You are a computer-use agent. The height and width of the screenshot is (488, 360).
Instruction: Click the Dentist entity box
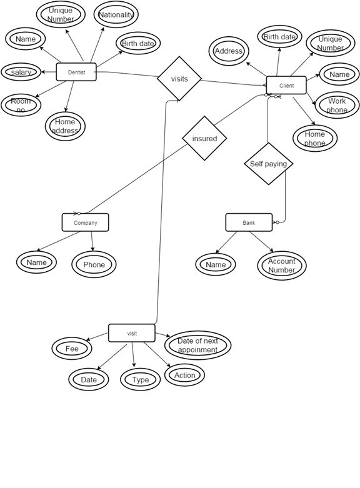tap(76, 72)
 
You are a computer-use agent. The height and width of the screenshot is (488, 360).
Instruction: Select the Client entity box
tap(286, 86)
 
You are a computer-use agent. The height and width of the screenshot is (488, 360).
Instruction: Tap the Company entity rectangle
tap(85, 222)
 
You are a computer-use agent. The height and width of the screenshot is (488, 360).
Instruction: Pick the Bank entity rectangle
tap(249, 222)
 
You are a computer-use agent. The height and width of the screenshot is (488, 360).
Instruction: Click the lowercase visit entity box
tap(132, 333)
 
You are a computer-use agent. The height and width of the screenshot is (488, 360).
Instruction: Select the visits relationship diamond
tap(179, 79)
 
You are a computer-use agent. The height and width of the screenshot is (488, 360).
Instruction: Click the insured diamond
tap(204, 138)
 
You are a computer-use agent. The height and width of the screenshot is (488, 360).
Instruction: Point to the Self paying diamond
tap(268, 164)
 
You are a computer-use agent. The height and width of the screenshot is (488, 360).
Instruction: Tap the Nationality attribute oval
tap(116, 14)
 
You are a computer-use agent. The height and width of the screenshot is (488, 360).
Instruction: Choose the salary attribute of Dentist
tap(21, 72)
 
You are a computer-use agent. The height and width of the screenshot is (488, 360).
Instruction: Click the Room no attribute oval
tap(21, 105)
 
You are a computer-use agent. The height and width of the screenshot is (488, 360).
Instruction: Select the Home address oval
tap(65, 126)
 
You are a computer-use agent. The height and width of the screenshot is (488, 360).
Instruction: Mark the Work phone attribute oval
tap(337, 105)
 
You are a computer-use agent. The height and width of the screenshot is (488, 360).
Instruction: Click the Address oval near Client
tap(229, 51)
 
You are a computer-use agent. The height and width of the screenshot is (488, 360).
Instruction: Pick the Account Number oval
tap(282, 266)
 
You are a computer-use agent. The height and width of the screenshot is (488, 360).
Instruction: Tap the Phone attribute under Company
tap(94, 264)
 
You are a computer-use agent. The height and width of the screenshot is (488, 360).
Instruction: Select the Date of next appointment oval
tap(197, 346)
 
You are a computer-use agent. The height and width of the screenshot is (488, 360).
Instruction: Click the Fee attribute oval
tap(72, 349)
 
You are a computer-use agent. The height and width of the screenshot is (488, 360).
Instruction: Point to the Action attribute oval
tap(184, 375)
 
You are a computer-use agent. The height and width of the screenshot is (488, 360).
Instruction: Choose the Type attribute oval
tap(141, 379)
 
